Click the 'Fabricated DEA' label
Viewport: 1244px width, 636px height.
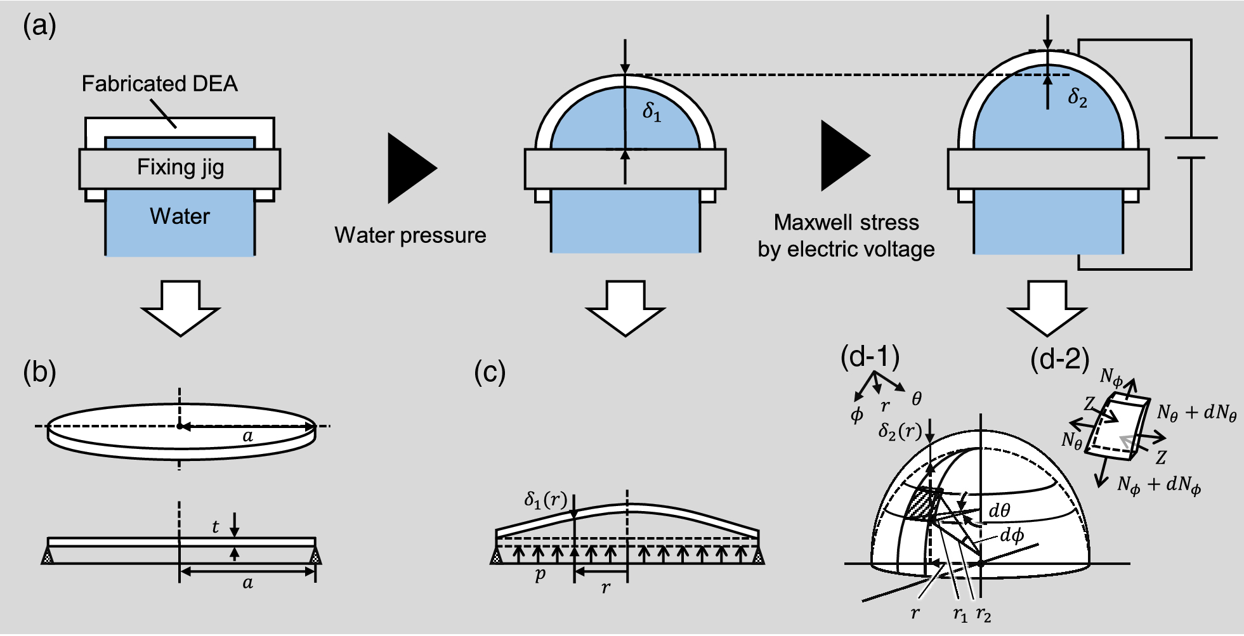pyautogui.click(x=160, y=84)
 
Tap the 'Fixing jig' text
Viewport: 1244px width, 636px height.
pyautogui.click(x=180, y=167)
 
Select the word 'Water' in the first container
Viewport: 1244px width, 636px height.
pyautogui.click(x=180, y=216)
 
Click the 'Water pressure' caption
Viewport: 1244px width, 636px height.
pyautogui.click(x=410, y=235)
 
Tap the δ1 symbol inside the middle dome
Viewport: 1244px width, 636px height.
pyautogui.click(x=651, y=112)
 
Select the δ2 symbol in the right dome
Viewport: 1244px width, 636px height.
pyautogui.click(x=1077, y=98)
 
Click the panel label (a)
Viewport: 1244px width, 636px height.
pyautogui.click(x=39, y=27)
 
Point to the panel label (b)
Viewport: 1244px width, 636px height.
pyautogui.click(x=39, y=373)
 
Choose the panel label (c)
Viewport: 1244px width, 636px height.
pyautogui.click(x=490, y=373)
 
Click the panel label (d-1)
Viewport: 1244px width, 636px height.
pyautogui.click(x=870, y=358)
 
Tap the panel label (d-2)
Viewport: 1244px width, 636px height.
pyautogui.click(x=1059, y=360)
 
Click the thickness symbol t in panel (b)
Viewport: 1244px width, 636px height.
pyautogui.click(x=216, y=526)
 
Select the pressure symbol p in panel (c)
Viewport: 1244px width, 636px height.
pyautogui.click(x=540, y=574)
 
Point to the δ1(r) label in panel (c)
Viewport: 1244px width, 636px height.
pyautogui.click(x=545, y=500)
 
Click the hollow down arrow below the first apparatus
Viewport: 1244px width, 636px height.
pyautogui.click(x=181, y=308)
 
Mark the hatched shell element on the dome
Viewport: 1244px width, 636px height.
pyautogui.click(x=922, y=505)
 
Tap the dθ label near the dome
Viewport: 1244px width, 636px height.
pyautogui.click(x=1000, y=510)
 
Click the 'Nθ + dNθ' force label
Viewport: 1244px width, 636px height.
pyautogui.click(x=1196, y=413)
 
